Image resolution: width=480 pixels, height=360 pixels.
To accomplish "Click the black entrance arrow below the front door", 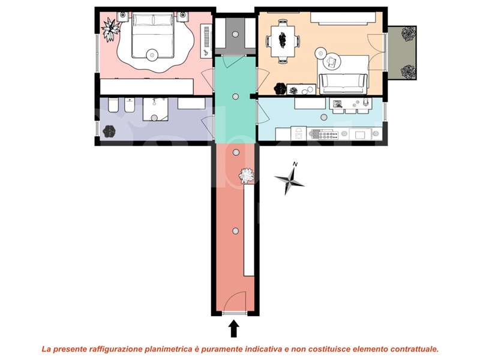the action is pos(234,328).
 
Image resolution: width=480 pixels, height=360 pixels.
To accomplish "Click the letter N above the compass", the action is pos(295,164).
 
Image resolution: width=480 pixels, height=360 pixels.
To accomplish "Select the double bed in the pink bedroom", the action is pos(153,35).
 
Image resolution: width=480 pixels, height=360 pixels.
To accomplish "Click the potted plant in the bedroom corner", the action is pos(110,29).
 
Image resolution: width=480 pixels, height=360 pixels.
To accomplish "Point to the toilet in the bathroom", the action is pos(113,105).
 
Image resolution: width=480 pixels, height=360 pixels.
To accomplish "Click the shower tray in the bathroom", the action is pos(155,109).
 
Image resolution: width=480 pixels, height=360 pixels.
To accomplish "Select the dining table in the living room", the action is pos(283,41).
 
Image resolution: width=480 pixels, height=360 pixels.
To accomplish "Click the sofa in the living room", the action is pos(343,84).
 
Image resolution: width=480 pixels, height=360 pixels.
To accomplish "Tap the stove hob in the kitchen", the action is pos(324,134).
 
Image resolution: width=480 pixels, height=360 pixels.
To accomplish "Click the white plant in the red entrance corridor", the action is pos(247,176).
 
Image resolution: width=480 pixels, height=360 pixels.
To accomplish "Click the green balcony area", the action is pos(401,53).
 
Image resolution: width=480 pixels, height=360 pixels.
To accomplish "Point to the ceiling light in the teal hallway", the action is pos(235,97).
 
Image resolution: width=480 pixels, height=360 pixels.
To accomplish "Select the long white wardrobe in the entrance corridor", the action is pos(249,230).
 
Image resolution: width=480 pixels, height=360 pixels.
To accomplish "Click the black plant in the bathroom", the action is pos(109,131).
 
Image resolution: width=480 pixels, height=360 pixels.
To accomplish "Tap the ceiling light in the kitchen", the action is pos(323,116).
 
